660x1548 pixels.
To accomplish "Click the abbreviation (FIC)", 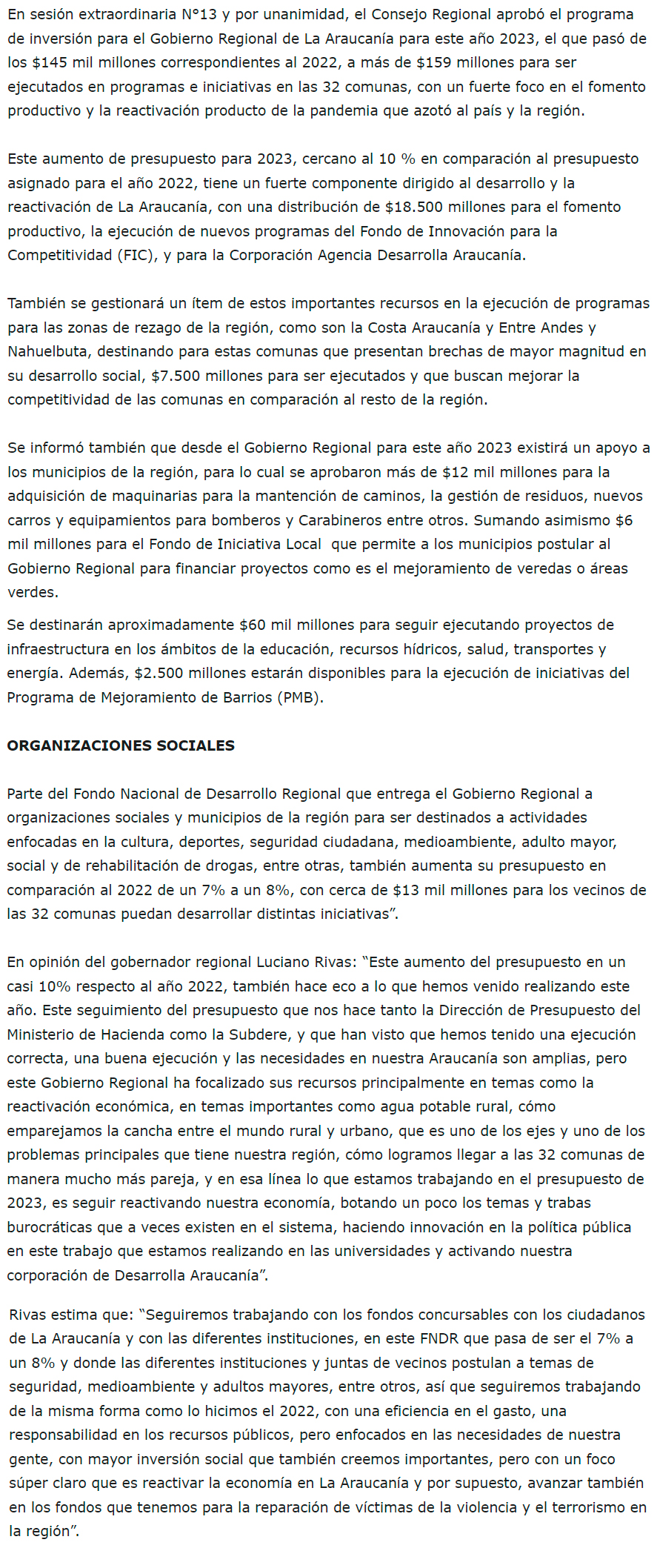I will click(x=135, y=256).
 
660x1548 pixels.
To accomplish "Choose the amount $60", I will click(x=253, y=625).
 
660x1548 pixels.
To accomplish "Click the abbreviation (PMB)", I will click(x=301, y=698).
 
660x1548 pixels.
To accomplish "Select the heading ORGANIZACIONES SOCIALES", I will click(x=121, y=746).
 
